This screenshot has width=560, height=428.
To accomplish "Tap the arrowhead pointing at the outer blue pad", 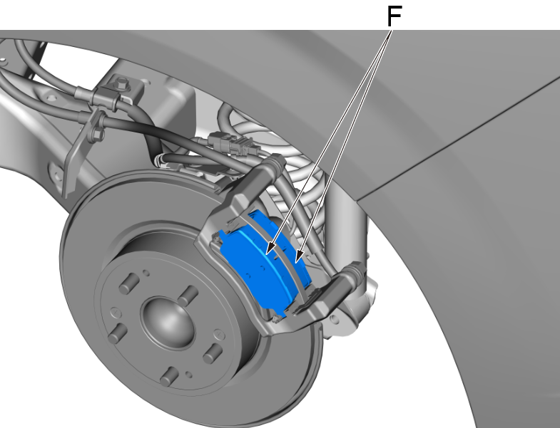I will (268, 250).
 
